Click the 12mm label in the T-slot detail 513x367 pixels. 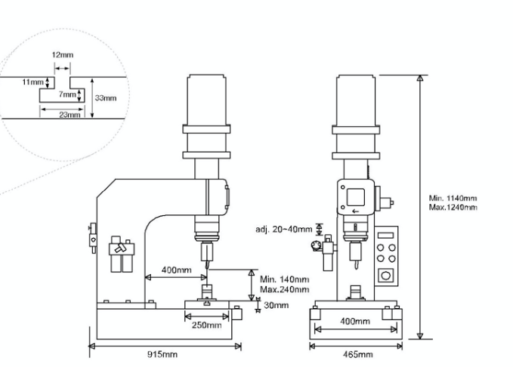point(63,55)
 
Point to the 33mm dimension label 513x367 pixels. point(106,97)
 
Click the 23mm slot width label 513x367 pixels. point(69,115)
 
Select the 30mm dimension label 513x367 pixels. point(277,305)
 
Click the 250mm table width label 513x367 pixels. point(206,325)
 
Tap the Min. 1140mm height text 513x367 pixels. point(453,198)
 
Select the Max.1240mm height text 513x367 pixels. point(453,206)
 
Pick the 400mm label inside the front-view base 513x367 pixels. point(353,322)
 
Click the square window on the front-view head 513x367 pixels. point(354,196)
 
